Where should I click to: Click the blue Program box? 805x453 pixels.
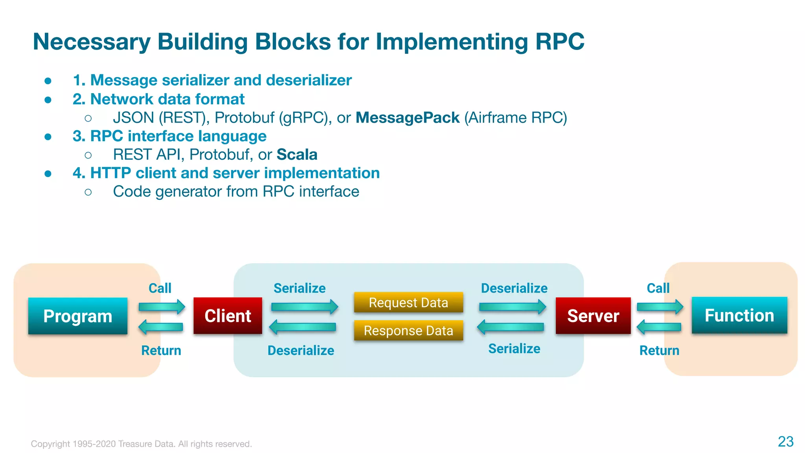(78, 316)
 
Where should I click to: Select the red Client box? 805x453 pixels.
(228, 316)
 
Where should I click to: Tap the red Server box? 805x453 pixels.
(593, 316)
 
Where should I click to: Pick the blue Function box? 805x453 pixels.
(739, 315)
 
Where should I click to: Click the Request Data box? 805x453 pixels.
(408, 302)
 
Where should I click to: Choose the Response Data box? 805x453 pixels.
(408, 331)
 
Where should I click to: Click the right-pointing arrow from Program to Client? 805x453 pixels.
(162, 307)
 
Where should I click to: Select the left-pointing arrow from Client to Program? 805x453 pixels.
(161, 327)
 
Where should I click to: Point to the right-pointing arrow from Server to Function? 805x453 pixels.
(660, 307)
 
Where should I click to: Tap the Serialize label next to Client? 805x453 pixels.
(300, 288)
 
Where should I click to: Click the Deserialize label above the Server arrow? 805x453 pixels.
(514, 288)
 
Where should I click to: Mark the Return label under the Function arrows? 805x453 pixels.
(659, 350)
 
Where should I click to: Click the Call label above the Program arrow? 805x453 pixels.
(160, 288)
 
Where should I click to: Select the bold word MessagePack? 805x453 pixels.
(408, 118)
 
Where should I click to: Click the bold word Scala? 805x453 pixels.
(297, 155)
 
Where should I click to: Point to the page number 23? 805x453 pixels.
(785, 442)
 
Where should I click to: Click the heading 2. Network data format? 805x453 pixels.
(158, 99)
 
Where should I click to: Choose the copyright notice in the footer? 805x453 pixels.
(142, 444)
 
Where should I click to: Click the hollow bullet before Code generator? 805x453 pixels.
(88, 192)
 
